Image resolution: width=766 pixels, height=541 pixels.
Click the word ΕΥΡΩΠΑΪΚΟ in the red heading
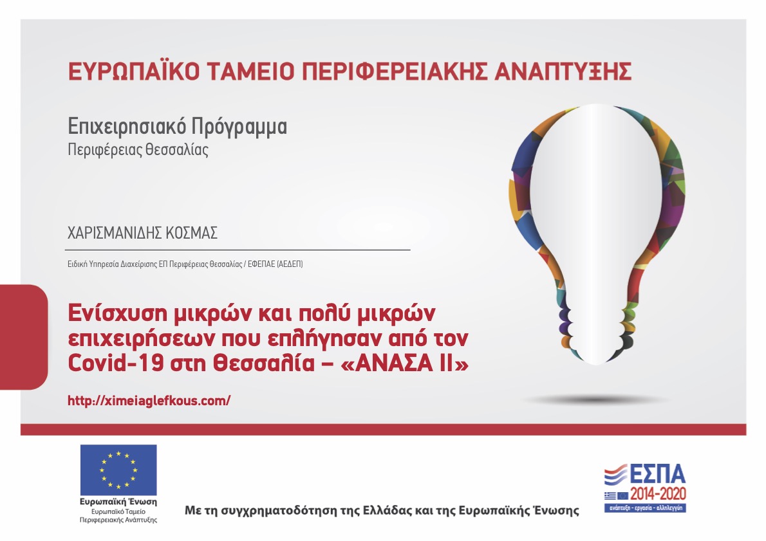click(133, 71)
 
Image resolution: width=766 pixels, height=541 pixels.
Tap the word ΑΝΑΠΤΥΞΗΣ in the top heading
click(563, 71)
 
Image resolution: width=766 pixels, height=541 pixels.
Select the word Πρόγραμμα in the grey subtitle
click(239, 127)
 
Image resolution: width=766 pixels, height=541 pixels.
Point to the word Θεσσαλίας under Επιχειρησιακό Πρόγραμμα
click(177, 149)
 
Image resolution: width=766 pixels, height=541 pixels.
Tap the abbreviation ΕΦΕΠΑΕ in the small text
click(261, 264)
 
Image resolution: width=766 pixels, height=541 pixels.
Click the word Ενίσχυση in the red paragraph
click(117, 313)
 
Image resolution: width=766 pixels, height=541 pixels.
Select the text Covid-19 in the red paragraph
click(115, 363)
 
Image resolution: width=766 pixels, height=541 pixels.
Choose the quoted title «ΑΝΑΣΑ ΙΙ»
click(404, 363)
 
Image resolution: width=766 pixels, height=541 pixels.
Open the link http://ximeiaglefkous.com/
click(149, 401)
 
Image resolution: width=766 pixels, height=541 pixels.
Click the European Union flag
click(118, 470)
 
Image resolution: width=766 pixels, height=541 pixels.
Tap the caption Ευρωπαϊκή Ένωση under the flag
click(118, 502)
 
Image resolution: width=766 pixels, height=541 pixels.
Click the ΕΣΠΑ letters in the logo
click(658, 474)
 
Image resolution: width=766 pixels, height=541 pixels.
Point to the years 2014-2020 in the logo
click(658, 494)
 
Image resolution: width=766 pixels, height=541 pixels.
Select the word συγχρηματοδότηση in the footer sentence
click(279, 511)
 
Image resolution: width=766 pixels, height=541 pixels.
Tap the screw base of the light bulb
click(597, 328)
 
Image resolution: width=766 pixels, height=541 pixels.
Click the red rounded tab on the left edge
click(23, 337)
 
